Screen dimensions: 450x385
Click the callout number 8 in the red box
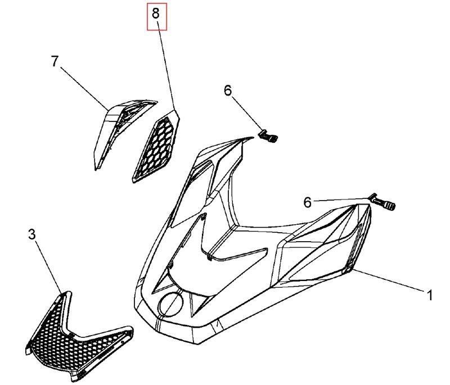tap(155, 13)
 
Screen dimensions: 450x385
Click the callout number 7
tap(55, 61)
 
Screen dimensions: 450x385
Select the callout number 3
tap(32, 234)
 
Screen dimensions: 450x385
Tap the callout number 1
tap(429, 296)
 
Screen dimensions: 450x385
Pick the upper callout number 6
tap(228, 91)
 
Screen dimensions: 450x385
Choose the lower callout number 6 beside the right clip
tap(307, 202)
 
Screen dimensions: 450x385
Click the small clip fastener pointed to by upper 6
tap(269, 137)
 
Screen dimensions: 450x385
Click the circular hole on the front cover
tap(172, 304)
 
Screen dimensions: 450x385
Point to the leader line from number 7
tap(84, 88)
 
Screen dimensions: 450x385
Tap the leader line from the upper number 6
tap(247, 114)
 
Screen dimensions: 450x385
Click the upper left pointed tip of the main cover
tap(253, 138)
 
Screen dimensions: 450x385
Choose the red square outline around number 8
tap(157, 16)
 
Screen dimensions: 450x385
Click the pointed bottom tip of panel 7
tap(96, 170)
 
